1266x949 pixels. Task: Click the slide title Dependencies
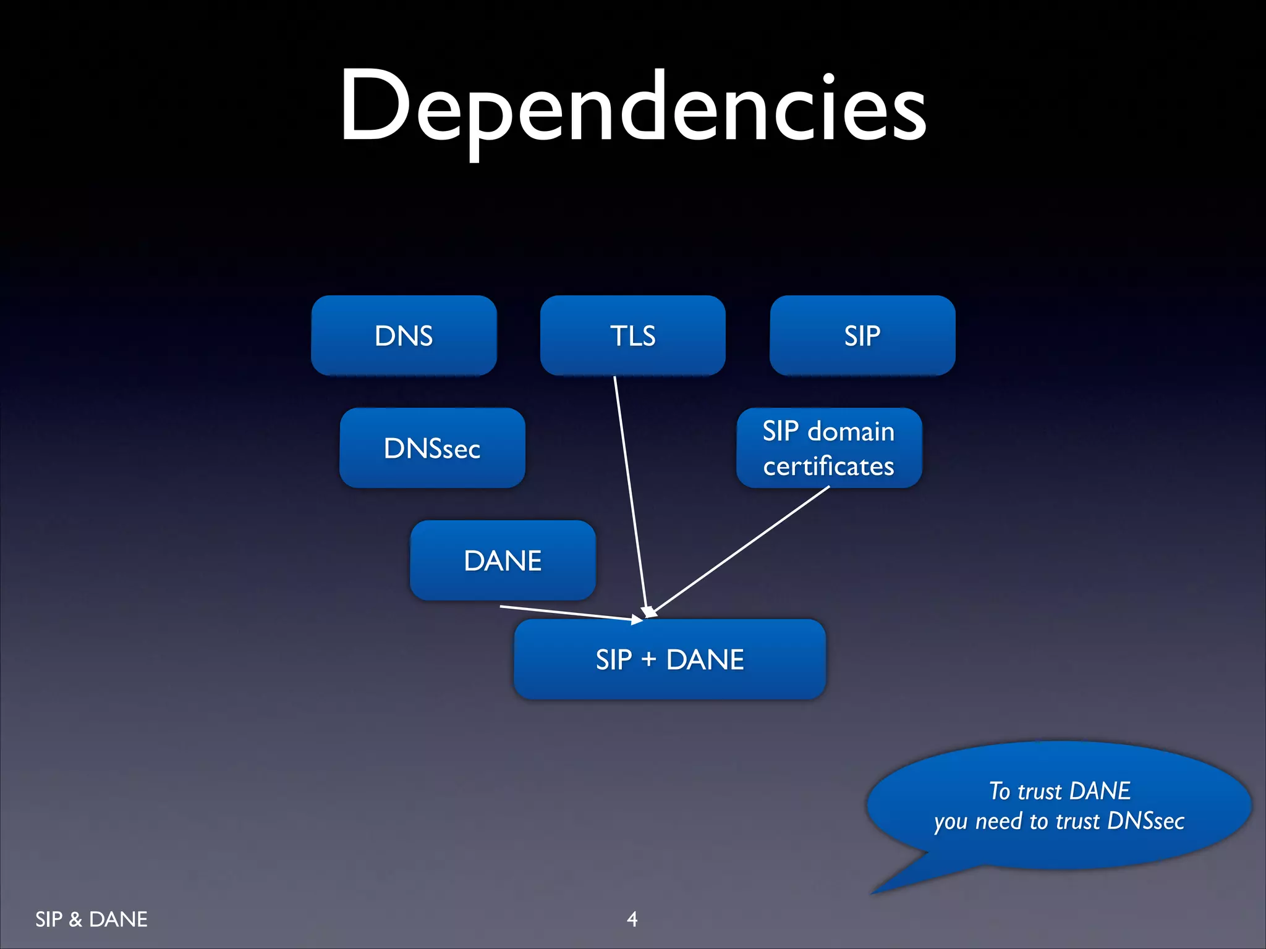[x=632, y=108]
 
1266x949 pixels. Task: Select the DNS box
[x=404, y=335]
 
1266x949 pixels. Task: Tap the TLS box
[x=632, y=335]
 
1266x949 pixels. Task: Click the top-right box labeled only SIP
[x=862, y=335]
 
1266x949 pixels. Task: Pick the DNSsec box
[x=432, y=448]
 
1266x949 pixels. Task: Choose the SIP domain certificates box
[x=828, y=448]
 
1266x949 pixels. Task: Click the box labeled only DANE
[x=503, y=560]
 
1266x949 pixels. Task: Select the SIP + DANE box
[x=669, y=659]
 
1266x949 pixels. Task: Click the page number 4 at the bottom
[x=632, y=919]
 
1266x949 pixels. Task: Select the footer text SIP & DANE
[x=91, y=919]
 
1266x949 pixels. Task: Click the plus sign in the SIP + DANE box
[x=648, y=660]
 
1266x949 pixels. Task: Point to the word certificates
[x=828, y=466]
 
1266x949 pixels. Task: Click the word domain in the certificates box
[x=851, y=431]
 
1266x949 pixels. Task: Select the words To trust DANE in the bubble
[x=1060, y=791]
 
